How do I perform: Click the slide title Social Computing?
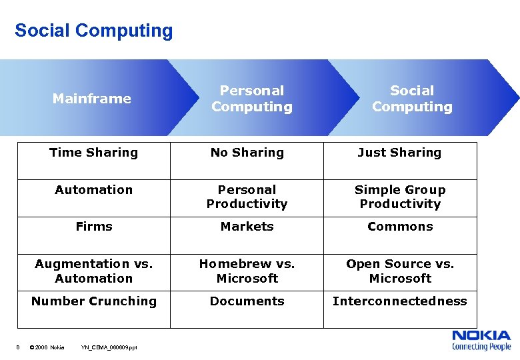tap(93, 31)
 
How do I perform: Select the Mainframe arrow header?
tap(92, 99)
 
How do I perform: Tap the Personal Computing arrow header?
tap(251, 99)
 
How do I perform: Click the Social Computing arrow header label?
tap(411, 99)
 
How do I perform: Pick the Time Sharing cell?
tap(93, 153)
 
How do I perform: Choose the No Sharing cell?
tap(247, 153)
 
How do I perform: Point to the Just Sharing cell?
tap(399, 153)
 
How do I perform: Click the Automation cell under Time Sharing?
tap(93, 190)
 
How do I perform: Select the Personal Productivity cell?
tap(247, 197)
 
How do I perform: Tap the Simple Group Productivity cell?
tap(399, 197)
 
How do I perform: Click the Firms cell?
tap(93, 227)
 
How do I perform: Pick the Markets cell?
tap(247, 227)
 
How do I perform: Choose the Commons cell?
tap(399, 227)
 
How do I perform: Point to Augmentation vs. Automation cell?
tap(93, 271)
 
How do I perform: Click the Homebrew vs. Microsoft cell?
tap(247, 271)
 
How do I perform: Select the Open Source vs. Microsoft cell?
tap(399, 271)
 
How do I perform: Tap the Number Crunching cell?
tap(93, 301)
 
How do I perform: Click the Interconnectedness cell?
tap(399, 301)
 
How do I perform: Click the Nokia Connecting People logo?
tap(481, 340)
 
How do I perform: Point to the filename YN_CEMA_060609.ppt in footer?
tap(109, 347)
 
